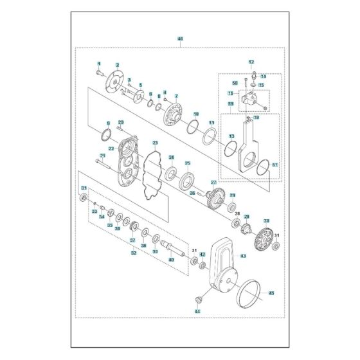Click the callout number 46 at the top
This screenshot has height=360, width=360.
[180, 39]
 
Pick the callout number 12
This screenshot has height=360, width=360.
[251, 62]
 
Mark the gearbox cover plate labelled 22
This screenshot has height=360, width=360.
[127, 160]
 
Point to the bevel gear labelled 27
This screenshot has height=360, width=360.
[215, 198]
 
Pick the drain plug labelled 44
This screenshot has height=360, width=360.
[199, 300]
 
